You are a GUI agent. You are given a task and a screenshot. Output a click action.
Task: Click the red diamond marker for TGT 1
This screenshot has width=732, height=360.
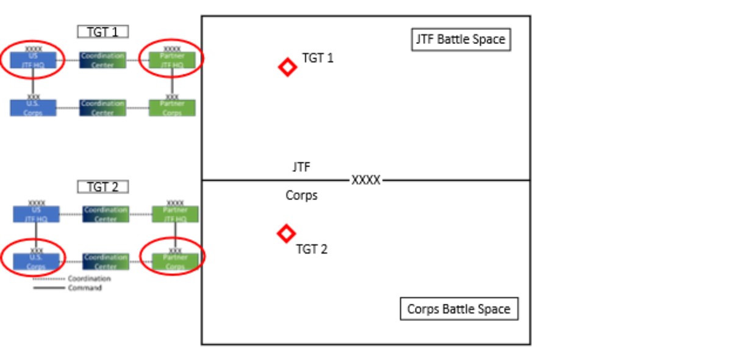[x=287, y=67]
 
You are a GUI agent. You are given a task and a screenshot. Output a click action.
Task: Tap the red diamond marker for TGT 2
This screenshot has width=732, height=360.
[x=285, y=233]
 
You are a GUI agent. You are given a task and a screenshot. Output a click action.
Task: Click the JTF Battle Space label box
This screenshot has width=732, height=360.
[x=461, y=40]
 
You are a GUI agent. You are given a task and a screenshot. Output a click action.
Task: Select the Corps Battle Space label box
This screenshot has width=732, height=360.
[x=459, y=309]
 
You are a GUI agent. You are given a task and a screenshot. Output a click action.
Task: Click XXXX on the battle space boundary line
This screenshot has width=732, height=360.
[x=366, y=181]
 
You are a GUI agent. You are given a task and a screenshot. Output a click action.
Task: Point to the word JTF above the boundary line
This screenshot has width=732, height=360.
[x=301, y=167]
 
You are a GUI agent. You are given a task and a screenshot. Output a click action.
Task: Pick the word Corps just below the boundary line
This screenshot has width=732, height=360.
[x=301, y=196]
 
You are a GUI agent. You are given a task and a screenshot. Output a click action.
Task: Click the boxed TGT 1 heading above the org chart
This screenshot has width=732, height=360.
[x=102, y=32]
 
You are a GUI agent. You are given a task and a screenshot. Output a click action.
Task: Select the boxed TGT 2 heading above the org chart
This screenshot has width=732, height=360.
[x=102, y=187]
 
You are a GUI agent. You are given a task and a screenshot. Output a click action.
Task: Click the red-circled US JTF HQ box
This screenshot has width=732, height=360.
[x=34, y=60]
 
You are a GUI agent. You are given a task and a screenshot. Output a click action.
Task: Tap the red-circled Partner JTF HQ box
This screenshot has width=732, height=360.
[x=172, y=60]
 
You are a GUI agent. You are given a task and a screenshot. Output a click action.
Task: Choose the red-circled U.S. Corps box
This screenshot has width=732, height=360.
[x=36, y=262]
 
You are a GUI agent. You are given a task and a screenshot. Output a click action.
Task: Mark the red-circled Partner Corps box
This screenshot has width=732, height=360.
[x=175, y=262]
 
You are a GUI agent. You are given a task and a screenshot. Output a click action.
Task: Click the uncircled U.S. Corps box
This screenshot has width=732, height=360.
[x=33, y=108]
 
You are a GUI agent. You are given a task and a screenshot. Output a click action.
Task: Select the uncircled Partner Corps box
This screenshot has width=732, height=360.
[x=172, y=108]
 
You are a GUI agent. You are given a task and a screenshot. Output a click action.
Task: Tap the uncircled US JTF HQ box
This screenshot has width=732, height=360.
[x=36, y=214]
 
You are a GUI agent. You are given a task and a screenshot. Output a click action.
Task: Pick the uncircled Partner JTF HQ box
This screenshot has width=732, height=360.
[x=175, y=214]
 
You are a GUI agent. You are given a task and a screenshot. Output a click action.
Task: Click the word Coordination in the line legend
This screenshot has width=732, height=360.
[x=89, y=279]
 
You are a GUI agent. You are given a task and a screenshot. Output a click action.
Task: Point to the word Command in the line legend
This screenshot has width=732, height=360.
[x=85, y=287]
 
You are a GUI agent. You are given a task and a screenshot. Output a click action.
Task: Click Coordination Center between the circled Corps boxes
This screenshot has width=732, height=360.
[x=106, y=262]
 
